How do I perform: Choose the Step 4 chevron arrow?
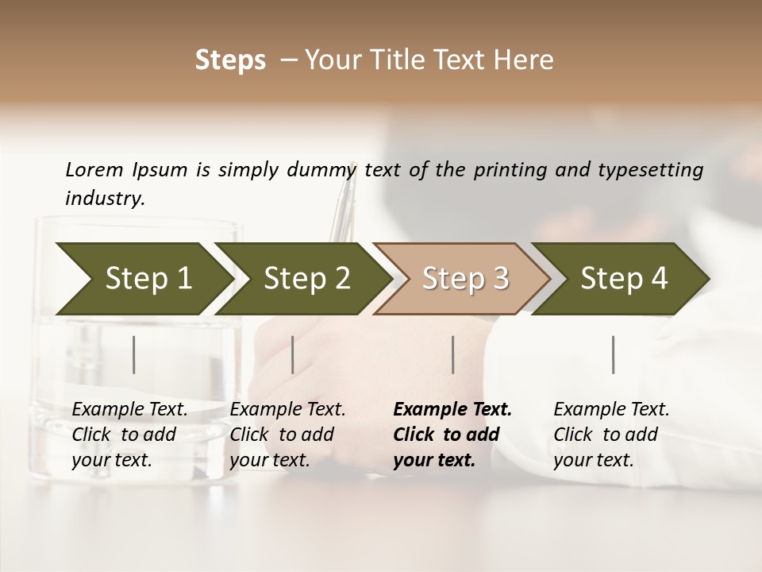point(623,278)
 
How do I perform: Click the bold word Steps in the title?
point(230,60)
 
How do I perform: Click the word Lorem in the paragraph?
point(94,169)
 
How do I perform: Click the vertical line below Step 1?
point(134,354)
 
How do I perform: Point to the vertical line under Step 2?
point(293,354)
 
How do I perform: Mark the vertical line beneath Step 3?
point(452,354)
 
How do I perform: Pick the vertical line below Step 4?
point(613,354)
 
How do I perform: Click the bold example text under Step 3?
point(451,435)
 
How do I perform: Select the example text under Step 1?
point(129,435)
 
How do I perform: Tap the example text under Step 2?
point(287,435)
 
